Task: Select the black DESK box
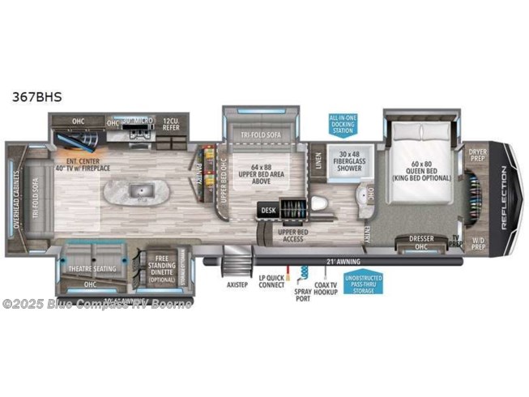[268, 210]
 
